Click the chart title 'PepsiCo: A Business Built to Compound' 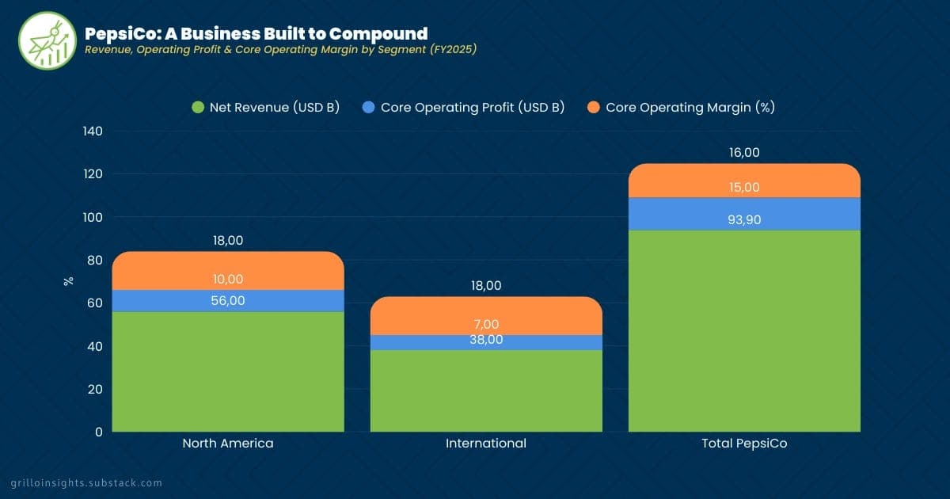click(x=256, y=33)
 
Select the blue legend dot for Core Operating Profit click(x=367, y=107)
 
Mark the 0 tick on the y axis click(x=98, y=432)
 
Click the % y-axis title click(x=69, y=280)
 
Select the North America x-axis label click(x=228, y=444)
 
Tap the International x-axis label click(x=486, y=444)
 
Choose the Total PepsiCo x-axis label click(x=744, y=444)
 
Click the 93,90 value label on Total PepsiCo click(x=744, y=220)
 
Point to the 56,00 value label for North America click(x=228, y=301)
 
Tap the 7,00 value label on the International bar click(x=486, y=324)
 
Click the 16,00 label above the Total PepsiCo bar click(x=744, y=153)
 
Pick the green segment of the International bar click(x=486, y=392)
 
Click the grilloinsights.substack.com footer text click(x=86, y=482)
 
